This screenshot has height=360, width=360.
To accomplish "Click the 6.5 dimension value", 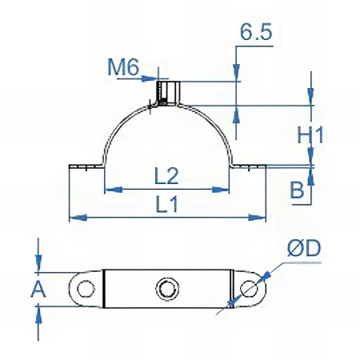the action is (x=256, y=32).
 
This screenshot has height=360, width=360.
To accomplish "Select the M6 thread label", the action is (x=123, y=66).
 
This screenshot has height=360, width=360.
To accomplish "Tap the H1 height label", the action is (x=310, y=135).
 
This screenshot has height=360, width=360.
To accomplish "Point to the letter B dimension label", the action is (x=297, y=190).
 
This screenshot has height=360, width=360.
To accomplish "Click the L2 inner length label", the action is (x=166, y=176).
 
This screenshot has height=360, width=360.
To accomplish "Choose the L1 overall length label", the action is (x=166, y=204).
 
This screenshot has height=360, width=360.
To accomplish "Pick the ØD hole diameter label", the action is (x=304, y=248).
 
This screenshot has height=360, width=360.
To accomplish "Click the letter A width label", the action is (x=38, y=290).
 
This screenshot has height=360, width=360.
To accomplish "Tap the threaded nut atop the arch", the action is (x=168, y=93).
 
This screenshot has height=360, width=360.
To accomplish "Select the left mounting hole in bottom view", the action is (x=86, y=289).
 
